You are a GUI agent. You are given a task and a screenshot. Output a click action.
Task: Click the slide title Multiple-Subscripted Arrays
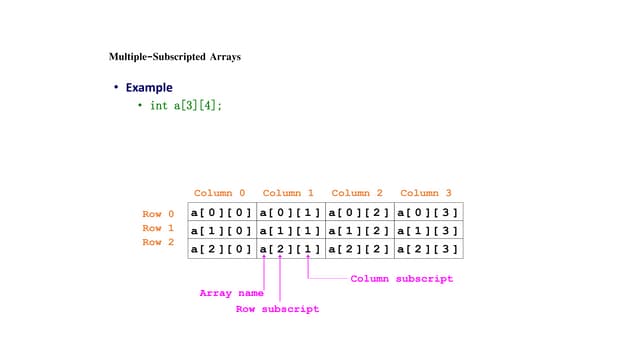point(174,57)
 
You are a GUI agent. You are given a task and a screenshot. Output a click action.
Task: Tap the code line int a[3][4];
point(186,105)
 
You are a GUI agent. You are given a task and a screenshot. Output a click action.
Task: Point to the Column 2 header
point(357,193)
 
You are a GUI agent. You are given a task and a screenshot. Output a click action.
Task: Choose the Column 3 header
point(426,193)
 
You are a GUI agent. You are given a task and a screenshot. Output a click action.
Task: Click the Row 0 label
point(158,214)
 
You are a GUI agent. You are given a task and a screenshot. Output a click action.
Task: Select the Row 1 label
point(158,228)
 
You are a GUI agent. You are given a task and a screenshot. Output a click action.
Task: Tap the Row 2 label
point(158,242)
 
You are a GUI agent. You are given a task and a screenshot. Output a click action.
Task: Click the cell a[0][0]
point(222,212)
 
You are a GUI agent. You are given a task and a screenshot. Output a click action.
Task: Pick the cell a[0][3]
point(428,212)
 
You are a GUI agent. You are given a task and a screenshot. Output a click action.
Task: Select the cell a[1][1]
point(290,230)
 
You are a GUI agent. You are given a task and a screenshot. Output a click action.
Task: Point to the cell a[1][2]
point(359,230)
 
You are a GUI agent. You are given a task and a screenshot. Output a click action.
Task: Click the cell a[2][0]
point(222,249)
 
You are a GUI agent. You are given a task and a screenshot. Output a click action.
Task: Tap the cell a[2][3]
point(428,249)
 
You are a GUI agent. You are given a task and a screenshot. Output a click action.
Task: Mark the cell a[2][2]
point(359,249)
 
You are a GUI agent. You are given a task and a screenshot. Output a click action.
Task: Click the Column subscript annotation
point(401,279)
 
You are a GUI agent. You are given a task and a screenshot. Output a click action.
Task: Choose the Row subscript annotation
point(277,309)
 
